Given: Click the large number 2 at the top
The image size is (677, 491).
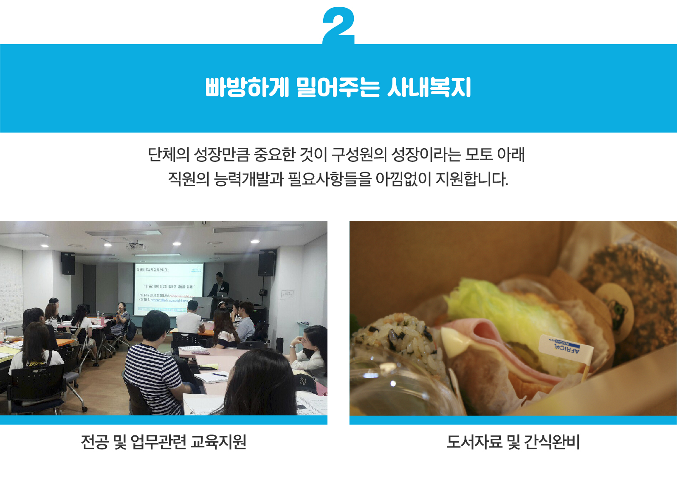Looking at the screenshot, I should pyautogui.click(x=338, y=25).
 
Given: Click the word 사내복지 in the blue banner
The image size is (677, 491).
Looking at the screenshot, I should pyautogui.click(x=429, y=87).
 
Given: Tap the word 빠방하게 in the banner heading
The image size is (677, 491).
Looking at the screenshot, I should pyautogui.click(x=247, y=87).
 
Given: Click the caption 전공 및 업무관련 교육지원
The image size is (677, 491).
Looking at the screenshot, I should pyautogui.click(x=164, y=442).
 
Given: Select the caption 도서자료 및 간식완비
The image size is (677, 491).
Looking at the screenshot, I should pyautogui.click(x=513, y=442).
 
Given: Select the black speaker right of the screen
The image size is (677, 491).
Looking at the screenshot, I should pyautogui.click(x=267, y=263).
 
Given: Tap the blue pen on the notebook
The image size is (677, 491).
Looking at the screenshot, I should pyautogui.click(x=220, y=375).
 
